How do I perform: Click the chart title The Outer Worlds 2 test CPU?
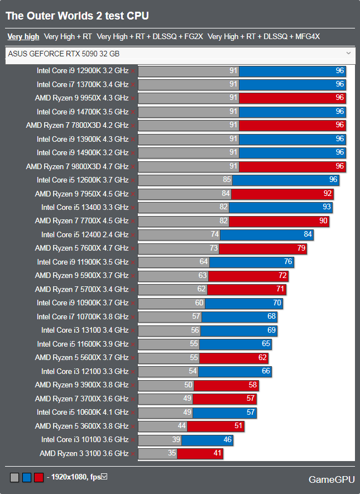click(x=77, y=16)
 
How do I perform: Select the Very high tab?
click(x=23, y=37)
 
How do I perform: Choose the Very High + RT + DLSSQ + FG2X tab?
click(x=150, y=37)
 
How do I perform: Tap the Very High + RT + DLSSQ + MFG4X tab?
click(x=263, y=37)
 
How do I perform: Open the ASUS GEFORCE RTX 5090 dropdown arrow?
click(x=348, y=54)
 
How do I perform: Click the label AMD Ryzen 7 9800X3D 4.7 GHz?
click(x=77, y=166)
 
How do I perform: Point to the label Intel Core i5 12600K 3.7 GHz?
click(x=83, y=180)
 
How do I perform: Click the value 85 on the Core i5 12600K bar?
click(x=226, y=180)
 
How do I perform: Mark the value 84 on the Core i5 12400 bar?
click(x=308, y=234)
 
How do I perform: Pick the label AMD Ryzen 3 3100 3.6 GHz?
click(x=84, y=453)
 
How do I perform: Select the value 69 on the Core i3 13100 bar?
click(x=271, y=330)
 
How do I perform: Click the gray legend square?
click(x=15, y=478)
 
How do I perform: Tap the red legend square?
click(x=39, y=478)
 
